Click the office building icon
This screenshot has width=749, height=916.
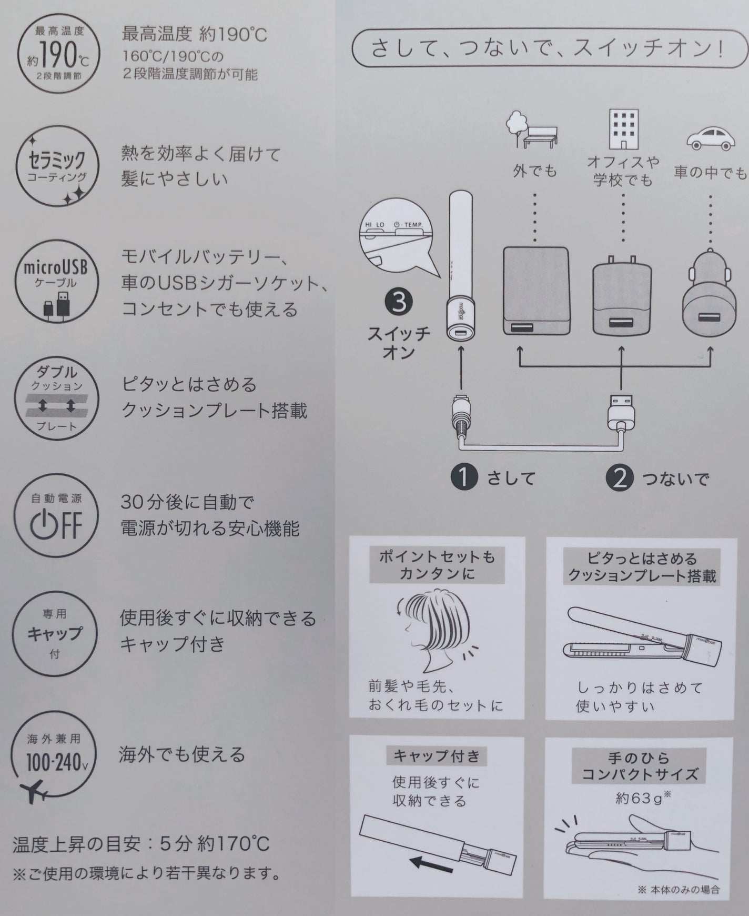click(623, 129)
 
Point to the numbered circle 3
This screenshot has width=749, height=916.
click(399, 303)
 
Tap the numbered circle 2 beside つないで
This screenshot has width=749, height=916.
click(620, 477)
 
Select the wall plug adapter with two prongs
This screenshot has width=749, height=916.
click(623, 297)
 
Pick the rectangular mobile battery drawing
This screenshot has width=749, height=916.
click(535, 291)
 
